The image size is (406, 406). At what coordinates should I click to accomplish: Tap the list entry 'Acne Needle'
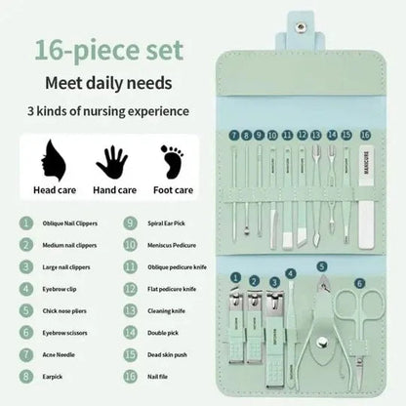click(60, 354)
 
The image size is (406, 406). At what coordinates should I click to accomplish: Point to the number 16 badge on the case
click(366, 135)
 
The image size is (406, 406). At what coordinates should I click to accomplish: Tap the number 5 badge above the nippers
click(322, 265)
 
